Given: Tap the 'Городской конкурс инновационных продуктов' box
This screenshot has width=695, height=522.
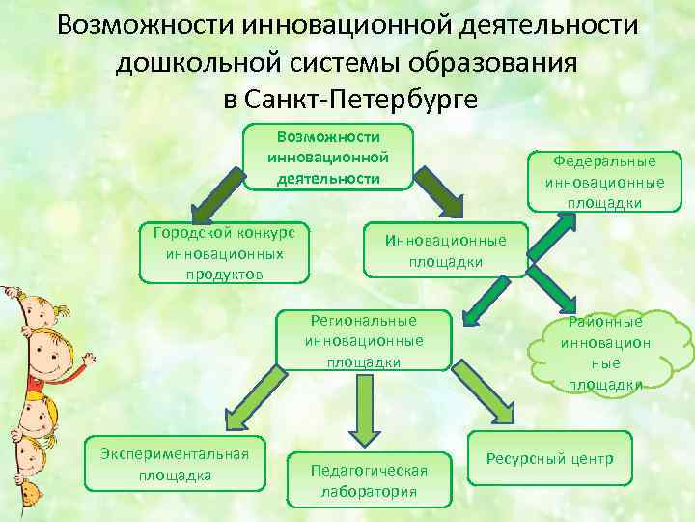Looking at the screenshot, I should tap(225, 253).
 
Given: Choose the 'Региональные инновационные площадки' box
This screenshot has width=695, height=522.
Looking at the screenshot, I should tap(364, 340).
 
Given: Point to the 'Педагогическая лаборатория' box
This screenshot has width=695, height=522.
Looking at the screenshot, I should tap(370, 479).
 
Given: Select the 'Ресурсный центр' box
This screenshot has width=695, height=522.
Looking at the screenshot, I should tap(549, 458).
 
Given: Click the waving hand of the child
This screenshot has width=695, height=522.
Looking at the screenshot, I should tap(87, 362).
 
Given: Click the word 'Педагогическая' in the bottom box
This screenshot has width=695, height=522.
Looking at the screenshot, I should tap(370, 471).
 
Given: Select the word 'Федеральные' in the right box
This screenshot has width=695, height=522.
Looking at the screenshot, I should tap(605, 162).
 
